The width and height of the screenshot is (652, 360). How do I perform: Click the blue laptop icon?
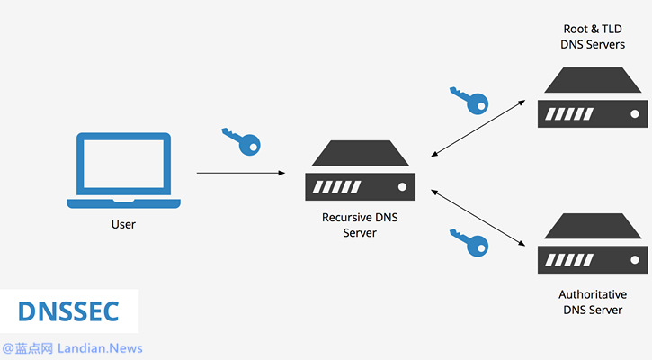tap(123, 170)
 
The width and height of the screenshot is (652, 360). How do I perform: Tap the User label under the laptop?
tap(124, 224)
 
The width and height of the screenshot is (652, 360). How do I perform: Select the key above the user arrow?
tap(240, 139)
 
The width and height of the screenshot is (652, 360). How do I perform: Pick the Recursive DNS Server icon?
tap(359, 175)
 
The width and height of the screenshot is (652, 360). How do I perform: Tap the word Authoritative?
tap(593, 294)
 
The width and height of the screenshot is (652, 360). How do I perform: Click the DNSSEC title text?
tap(69, 310)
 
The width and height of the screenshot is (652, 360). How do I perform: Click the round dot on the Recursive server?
tap(402, 187)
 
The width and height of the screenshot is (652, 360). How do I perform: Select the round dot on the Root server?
tap(635, 114)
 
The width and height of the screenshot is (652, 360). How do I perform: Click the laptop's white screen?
tap(123, 163)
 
